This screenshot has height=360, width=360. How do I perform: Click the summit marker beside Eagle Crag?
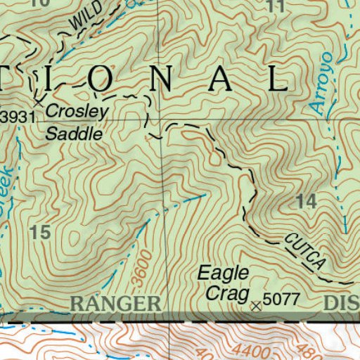click(x=255, y=305)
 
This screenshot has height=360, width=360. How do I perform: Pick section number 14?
click(x=307, y=202)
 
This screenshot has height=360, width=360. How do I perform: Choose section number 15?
click(x=41, y=233)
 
